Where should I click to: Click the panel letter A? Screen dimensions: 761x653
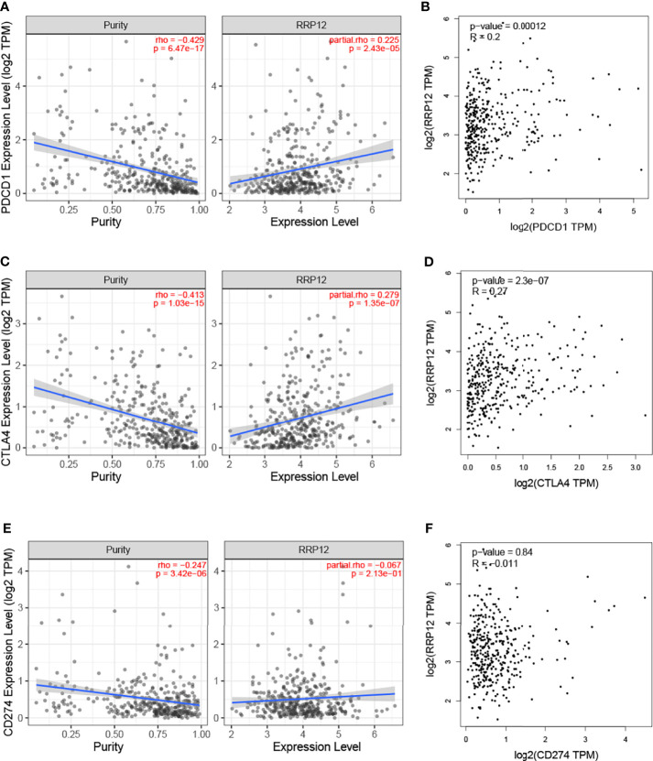[6, 6]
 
